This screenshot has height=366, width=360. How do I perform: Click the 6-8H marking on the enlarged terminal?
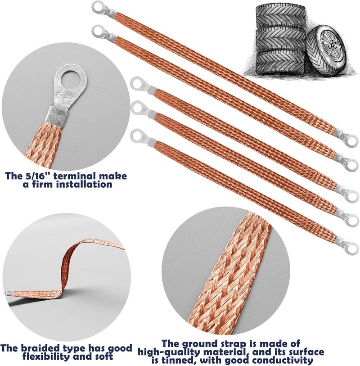click(x=64, y=98)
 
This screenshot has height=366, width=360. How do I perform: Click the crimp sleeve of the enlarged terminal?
click(x=57, y=117)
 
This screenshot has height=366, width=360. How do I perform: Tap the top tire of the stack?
click(x=280, y=17)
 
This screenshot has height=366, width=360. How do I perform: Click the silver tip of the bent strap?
click(x=9, y=294)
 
